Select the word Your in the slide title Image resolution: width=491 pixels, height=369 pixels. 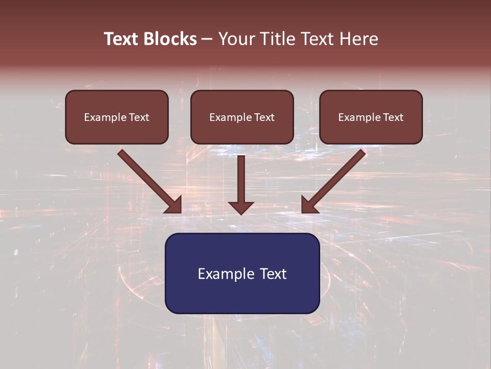click(236, 39)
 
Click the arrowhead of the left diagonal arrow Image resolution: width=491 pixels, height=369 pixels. click(174, 204)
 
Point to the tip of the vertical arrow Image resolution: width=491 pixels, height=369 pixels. click(241, 213)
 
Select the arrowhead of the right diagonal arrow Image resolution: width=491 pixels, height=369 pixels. click(309, 204)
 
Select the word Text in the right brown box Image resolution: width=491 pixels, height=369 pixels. click(393, 117)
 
